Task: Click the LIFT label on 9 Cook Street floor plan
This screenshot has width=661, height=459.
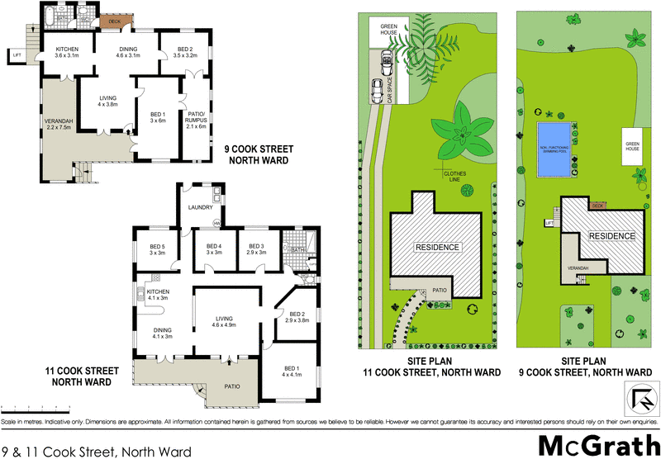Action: click(x=17, y=55)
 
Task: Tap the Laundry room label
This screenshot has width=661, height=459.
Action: click(x=201, y=207)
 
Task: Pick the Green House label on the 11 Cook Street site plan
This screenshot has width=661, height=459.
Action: click(x=389, y=31)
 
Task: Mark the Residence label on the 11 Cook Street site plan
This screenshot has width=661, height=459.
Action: click(x=437, y=247)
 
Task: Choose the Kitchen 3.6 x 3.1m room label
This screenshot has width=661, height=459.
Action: click(x=67, y=53)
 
